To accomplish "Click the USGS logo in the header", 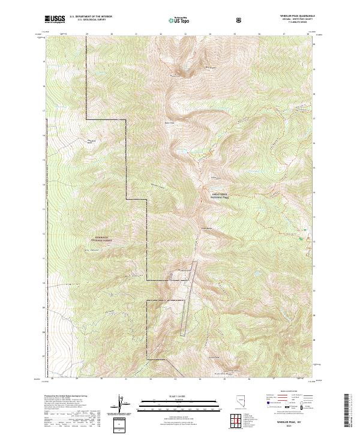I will click(x=56, y=20).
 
